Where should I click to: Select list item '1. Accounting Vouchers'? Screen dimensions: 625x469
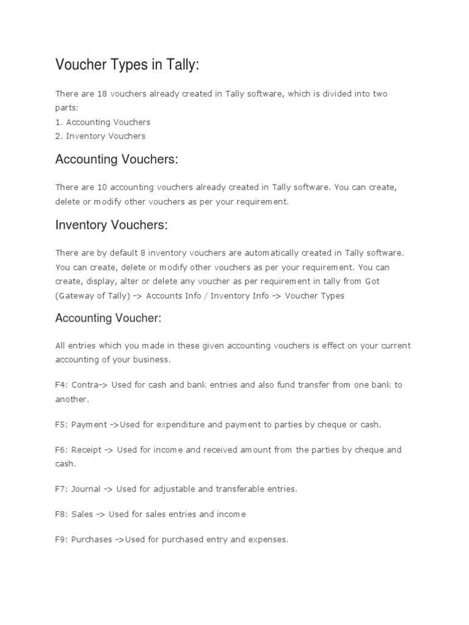click(x=103, y=122)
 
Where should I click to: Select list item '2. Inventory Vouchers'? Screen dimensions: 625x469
click(x=100, y=136)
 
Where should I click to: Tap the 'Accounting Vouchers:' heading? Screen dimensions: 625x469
click(x=117, y=159)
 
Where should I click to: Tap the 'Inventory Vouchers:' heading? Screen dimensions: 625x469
click(x=111, y=225)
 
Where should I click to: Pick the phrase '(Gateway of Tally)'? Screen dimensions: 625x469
click(x=92, y=296)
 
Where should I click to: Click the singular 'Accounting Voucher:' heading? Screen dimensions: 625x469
click(x=109, y=318)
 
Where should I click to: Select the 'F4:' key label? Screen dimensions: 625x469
click(x=62, y=386)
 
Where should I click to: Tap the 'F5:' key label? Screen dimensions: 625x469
click(x=62, y=424)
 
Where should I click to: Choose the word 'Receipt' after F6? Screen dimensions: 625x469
click(x=86, y=450)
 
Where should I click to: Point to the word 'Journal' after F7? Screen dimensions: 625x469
click(x=86, y=489)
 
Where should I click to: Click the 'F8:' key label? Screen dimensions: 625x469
click(x=62, y=515)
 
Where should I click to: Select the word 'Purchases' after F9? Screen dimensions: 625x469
click(x=92, y=540)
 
